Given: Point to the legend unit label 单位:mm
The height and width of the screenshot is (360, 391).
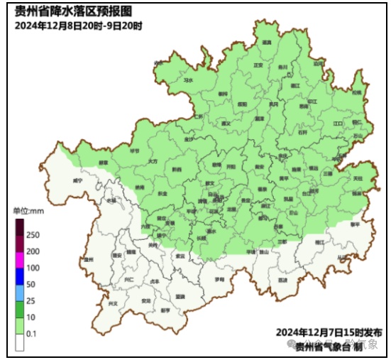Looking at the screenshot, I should click(x=28, y=211).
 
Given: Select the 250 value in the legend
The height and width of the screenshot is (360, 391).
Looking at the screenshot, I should click(x=33, y=235).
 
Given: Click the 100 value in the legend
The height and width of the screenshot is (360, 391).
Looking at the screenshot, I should click(x=33, y=268).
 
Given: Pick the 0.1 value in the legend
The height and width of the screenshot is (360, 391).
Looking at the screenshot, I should click(x=33, y=333).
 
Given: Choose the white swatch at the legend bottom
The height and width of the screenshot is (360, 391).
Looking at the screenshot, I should click(x=20, y=342).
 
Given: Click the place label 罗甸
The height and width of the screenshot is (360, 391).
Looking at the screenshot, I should click(x=219, y=279).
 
